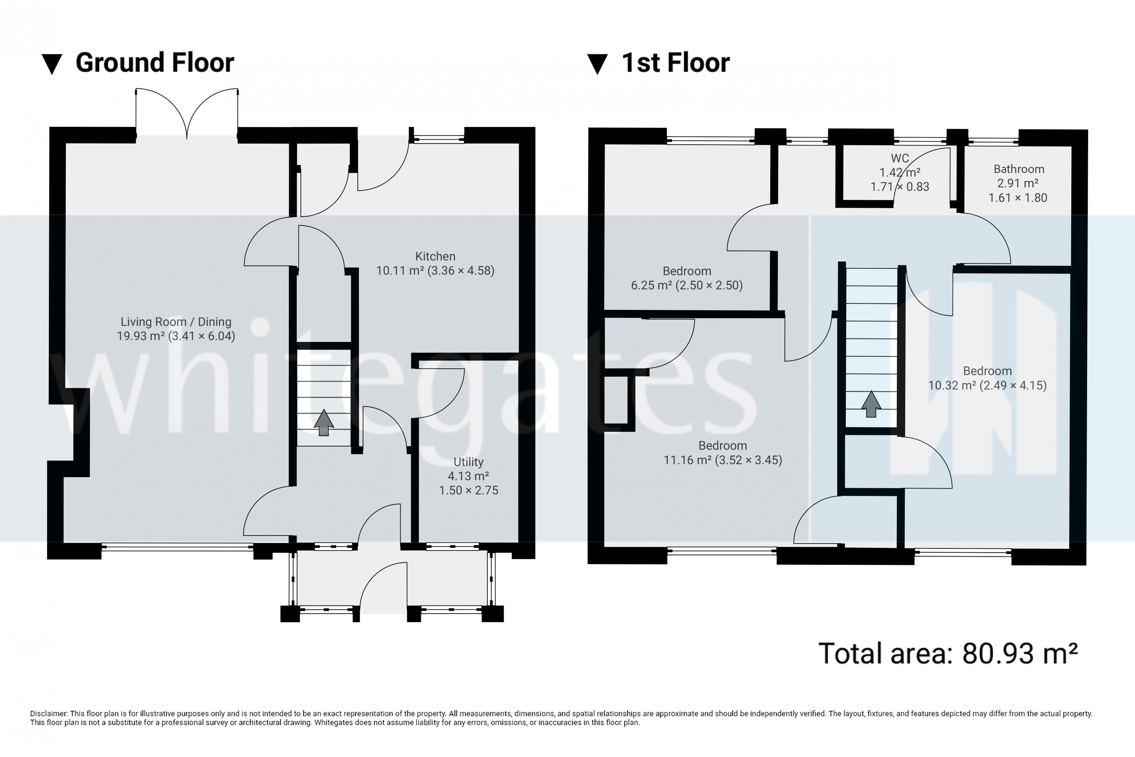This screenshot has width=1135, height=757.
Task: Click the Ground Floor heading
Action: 154,63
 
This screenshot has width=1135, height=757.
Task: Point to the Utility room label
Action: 468,462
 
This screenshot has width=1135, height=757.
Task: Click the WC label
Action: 900,158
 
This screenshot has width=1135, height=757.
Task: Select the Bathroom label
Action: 1019,169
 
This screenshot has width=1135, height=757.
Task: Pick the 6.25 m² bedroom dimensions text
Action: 686,285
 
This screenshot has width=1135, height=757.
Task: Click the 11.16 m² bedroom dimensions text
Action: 722,460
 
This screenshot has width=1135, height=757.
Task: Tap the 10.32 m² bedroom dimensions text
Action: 987,385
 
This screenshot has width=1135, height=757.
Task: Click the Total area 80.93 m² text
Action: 948,653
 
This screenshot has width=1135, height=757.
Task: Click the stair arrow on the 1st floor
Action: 871,404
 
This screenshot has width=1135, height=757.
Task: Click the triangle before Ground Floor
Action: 52,64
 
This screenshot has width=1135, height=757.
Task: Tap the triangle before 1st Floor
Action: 597,64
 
